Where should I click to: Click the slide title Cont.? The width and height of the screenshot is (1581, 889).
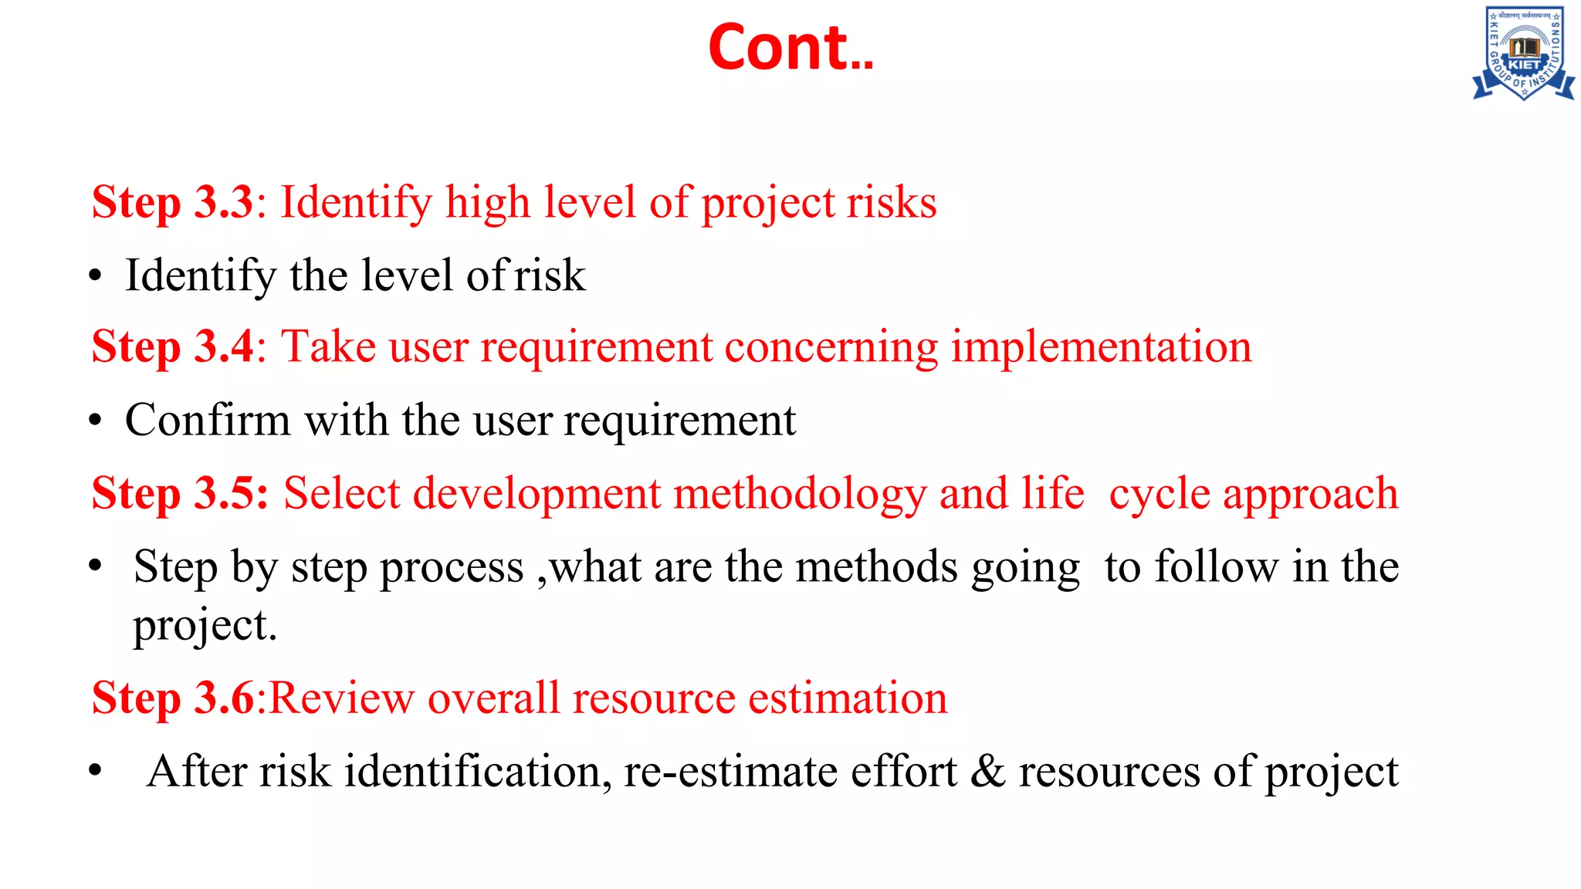pos(790,48)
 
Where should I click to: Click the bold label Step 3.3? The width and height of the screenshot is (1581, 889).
pos(172,203)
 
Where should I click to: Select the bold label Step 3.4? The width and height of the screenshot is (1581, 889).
pos(172,346)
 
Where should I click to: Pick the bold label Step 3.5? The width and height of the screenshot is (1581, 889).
pos(179,494)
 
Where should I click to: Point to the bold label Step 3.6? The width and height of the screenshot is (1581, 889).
pos(172,698)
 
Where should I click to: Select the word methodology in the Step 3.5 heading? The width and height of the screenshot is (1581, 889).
pos(800,494)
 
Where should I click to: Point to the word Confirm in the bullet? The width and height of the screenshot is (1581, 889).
pos(208,421)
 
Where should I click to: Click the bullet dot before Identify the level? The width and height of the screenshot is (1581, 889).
pos(95,276)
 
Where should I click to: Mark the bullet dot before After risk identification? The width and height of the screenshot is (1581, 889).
pos(95,771)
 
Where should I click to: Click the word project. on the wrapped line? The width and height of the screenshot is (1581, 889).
pos(205,625)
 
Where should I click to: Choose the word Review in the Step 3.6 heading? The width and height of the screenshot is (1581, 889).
pos(341,698)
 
